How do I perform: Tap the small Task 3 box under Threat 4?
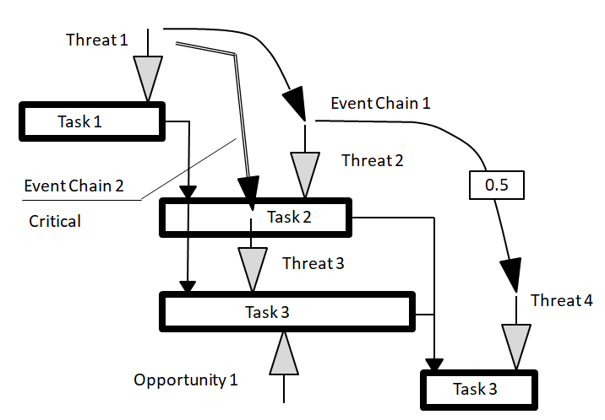coord(479,389)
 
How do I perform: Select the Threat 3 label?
coord(313,263)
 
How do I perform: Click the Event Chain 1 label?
coord(380,104)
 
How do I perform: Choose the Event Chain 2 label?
coord(74,186)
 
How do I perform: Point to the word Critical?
coord(55,221)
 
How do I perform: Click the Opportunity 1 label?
coord(186,380)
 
